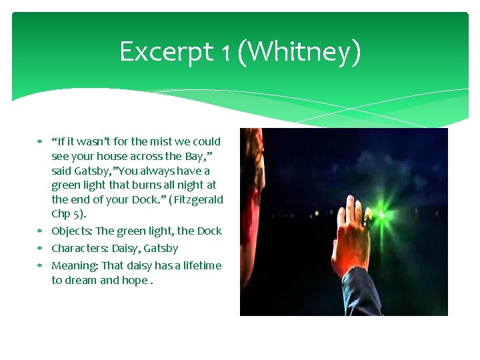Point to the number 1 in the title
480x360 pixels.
pyautogui.click(x=227, y=52)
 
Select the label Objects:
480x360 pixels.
pyautogui.click(x=72, y=231)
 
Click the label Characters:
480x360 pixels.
pyautogui.click(x=79, y=249)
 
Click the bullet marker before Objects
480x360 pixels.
pyautogui.click(x=39, y=231)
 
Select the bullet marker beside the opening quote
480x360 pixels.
pyautogui.click(x=39, y=141)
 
